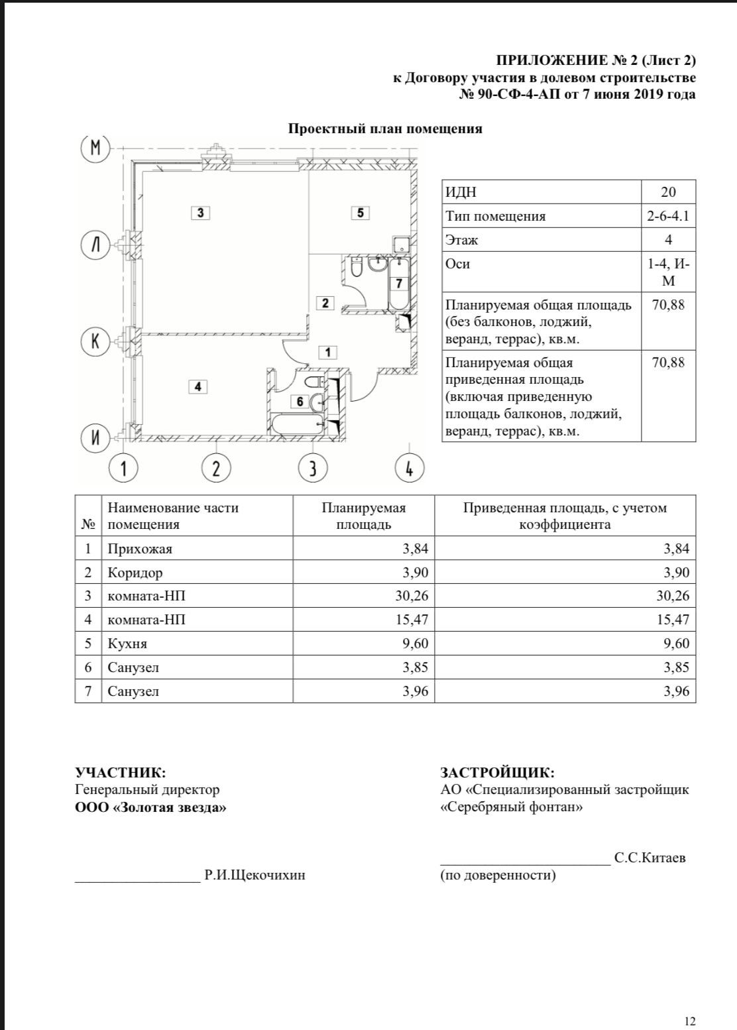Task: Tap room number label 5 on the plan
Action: [360, 213]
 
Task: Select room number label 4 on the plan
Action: [198, 386]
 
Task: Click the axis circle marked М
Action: [95, 148]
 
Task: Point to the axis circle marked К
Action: [95, 341]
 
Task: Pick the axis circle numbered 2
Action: [216, 469]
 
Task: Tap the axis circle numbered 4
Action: [409, 469]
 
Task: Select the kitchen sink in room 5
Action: [401, 244]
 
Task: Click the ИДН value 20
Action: [668, 192]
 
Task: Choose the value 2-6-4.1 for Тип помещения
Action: [668, 216]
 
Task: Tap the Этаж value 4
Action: [668, 240]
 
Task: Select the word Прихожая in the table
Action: [140, 549]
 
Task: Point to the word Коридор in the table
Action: [135, 573]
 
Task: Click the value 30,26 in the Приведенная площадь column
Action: [673, 596]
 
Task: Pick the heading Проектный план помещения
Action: [385, 129]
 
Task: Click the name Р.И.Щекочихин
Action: [255, 875]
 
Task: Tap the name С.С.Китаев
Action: [650, 858]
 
